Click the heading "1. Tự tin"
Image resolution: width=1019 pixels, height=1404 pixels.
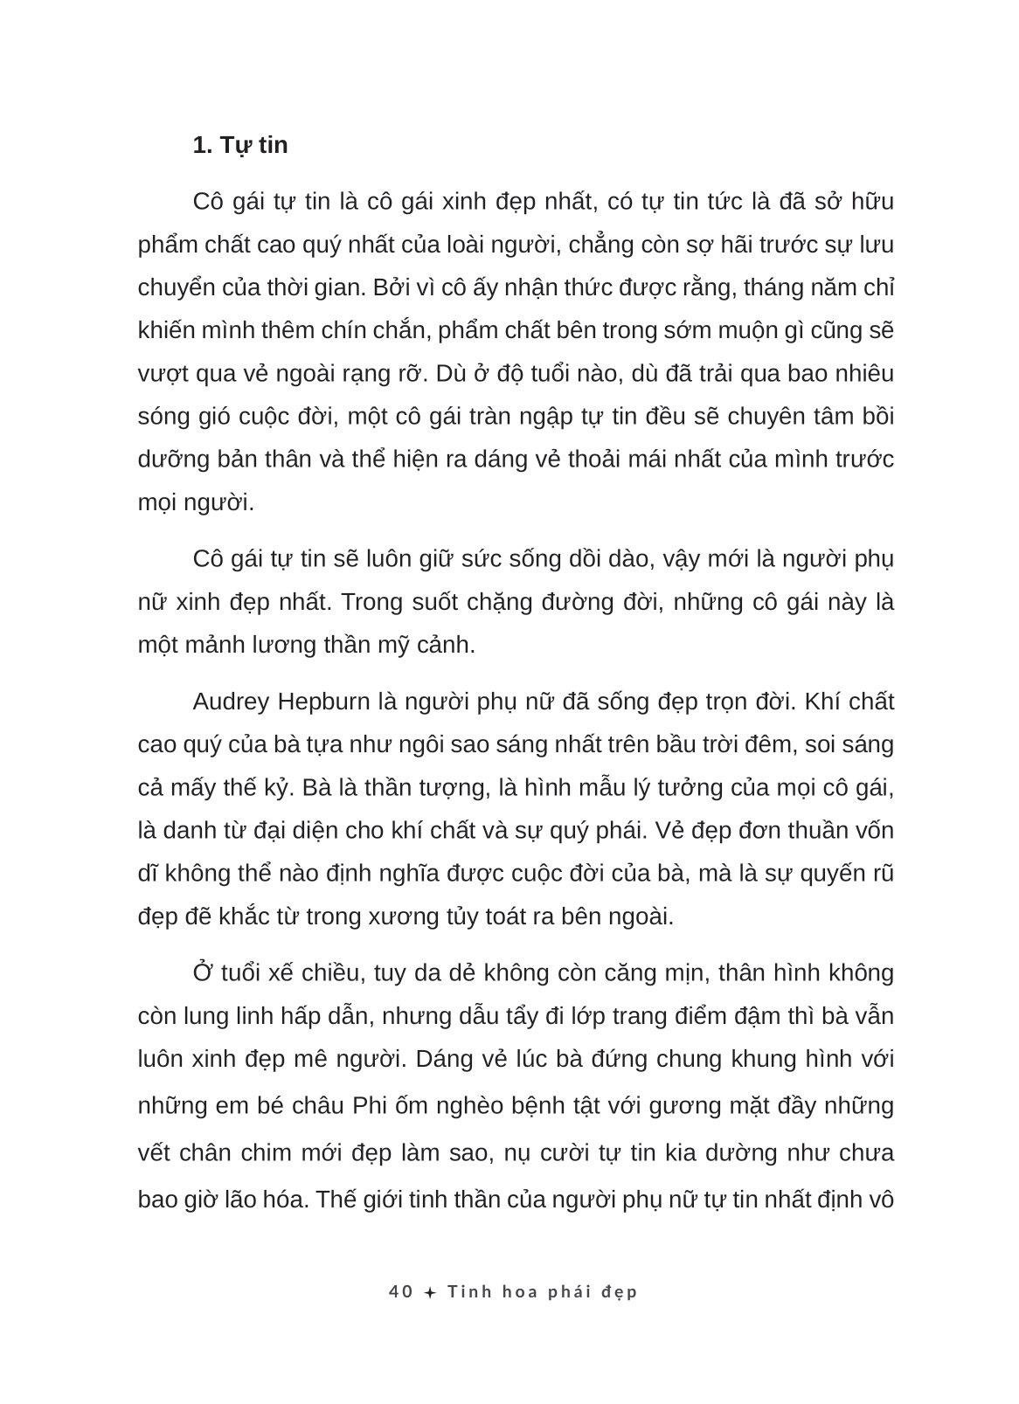(240, 145)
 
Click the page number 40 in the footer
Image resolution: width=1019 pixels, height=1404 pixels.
(401, 1291)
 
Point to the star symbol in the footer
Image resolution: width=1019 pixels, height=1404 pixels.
(429, 1293)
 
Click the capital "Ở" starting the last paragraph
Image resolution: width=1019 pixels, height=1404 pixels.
(203, 972)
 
